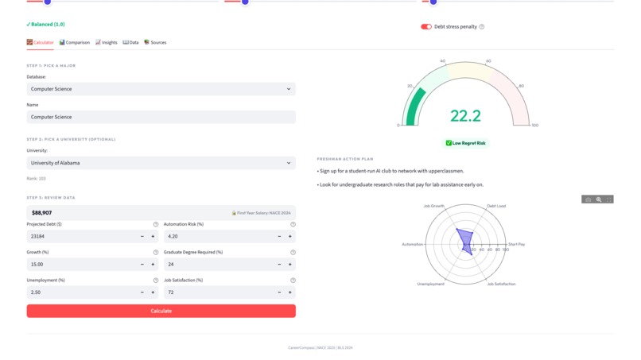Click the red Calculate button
161,311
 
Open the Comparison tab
75,42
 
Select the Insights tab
107,42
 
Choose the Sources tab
155,42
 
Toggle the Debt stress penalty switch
426,27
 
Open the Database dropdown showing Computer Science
161,89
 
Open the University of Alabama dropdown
161,163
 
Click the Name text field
161,117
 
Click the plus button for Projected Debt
153,237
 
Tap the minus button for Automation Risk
279,237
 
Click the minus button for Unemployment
142,292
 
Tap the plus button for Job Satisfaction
290,292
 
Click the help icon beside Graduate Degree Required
293,253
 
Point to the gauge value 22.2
465,116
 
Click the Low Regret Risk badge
466,143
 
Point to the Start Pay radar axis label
516,245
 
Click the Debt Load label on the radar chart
496,206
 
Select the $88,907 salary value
42,213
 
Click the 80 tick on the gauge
522,86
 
